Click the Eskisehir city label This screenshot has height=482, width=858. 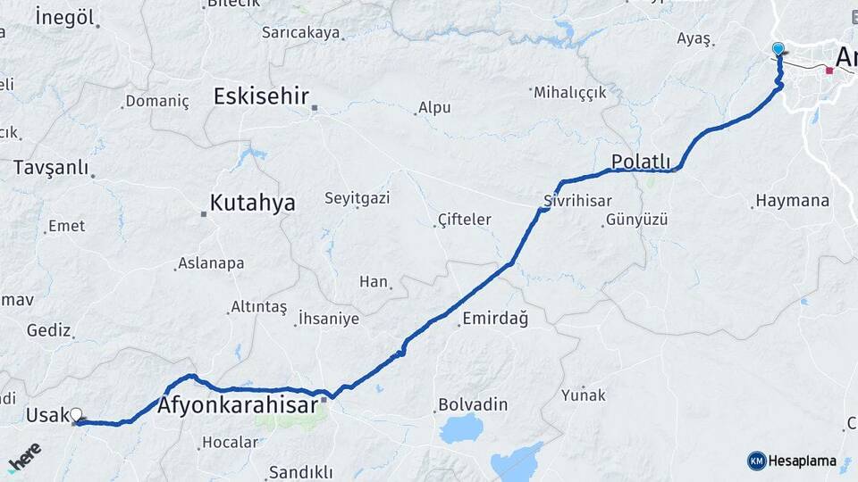coord(261,96)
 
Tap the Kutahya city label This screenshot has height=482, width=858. coord(252,204)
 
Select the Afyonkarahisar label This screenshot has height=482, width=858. coord(237,406)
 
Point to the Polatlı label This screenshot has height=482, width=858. coord(641,162)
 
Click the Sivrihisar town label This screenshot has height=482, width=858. coord(577,200)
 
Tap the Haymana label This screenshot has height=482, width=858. coord(792,201)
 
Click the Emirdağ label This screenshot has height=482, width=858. coord(495,318)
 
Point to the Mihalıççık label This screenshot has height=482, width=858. coord(570,92)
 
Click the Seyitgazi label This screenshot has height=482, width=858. coord(357,197)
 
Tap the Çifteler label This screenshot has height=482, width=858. coord(465,219)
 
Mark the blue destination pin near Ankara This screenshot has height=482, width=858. coord(778,50)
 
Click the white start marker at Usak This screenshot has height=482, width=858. coord(76,415)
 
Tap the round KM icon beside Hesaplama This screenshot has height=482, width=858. coord(756,461)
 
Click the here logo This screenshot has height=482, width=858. coord(24,457)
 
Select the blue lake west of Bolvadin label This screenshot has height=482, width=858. coord(461,428)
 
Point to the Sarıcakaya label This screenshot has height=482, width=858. coord(300,32)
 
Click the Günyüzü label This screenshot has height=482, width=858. coord(636,220)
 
